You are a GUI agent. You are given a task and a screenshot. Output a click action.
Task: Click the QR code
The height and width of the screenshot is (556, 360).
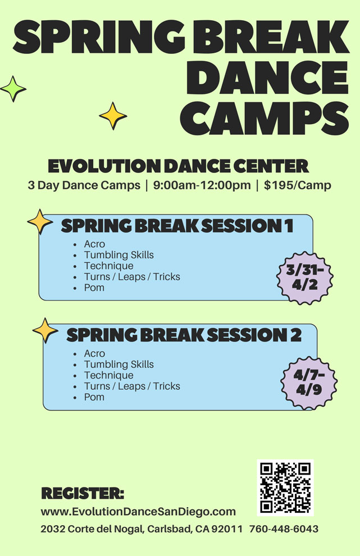coord(285,487)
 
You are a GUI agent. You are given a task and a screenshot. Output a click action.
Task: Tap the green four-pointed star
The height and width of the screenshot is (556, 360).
coord(12,89)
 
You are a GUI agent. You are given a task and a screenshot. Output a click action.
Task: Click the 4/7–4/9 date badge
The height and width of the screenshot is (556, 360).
coord(308,382)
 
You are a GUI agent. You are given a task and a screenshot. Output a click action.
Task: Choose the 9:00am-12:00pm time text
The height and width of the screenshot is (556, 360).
coord(202,185)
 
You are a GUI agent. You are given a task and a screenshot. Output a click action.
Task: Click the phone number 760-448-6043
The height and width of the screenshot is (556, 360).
coord(284,529)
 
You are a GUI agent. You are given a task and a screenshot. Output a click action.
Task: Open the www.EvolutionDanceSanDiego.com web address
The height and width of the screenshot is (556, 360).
coord(138,512)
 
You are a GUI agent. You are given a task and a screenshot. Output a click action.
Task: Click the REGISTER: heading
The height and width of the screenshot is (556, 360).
coord(83,494)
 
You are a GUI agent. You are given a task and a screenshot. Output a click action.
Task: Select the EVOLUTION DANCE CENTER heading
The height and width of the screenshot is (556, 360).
coord(178,166)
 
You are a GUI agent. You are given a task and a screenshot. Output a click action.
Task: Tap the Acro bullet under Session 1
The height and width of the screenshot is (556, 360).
coord(94,244)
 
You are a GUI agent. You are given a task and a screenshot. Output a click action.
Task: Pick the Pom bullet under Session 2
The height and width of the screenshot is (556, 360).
coord(94,397)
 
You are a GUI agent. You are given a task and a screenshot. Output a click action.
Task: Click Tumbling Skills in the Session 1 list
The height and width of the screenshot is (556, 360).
coord(119,255)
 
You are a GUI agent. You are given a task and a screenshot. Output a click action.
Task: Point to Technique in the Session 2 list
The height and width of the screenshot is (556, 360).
coord(108,375)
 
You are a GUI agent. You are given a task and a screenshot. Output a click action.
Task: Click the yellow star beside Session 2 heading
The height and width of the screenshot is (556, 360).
coord(45,330)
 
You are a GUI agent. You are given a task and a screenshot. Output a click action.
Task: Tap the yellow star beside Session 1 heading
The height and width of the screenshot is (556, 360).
coord(40,221)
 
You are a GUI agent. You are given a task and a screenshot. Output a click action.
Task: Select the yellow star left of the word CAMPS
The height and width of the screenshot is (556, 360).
coord(113,115)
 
